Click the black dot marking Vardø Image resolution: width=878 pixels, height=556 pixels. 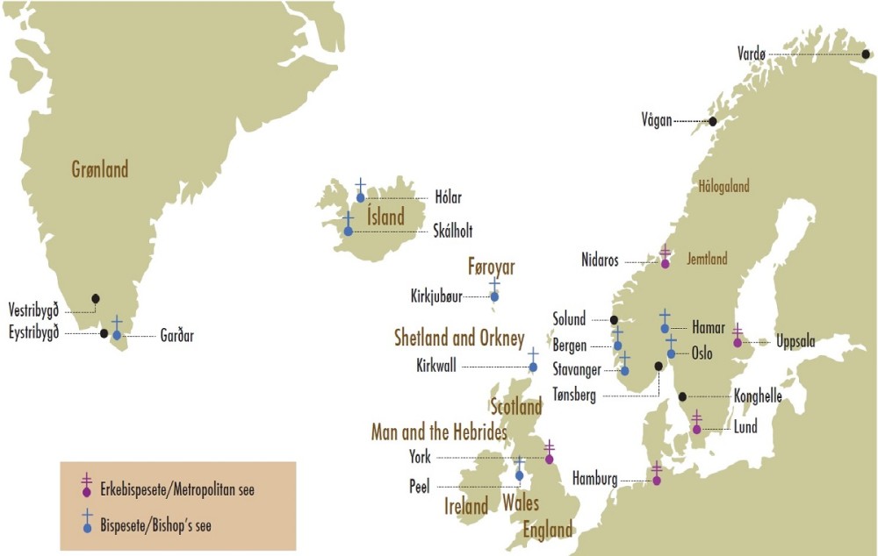tap(866, 54)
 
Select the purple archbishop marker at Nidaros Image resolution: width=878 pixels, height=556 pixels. tap(665, 263)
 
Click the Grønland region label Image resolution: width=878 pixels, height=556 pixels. tap(100, 168)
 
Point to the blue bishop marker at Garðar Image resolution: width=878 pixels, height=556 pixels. tap(117, 335)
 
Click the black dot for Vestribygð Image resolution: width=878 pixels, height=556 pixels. tap(95, 298)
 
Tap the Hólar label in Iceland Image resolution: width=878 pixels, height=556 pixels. tap(448, 198)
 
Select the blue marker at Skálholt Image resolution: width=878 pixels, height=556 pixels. tap(349, 231)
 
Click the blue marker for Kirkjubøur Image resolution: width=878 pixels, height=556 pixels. tap(494, 296)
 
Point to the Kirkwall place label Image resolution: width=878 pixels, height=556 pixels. tap(436, 367)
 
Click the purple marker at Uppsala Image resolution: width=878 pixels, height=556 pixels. tap(738, 342)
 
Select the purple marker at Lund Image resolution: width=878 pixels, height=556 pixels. tap(696, 429)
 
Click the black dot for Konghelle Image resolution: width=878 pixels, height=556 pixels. tap(682, 396)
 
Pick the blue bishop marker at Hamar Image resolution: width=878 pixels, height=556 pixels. tap(665, 328)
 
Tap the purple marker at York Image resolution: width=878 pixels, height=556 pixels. tap(550, 459)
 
